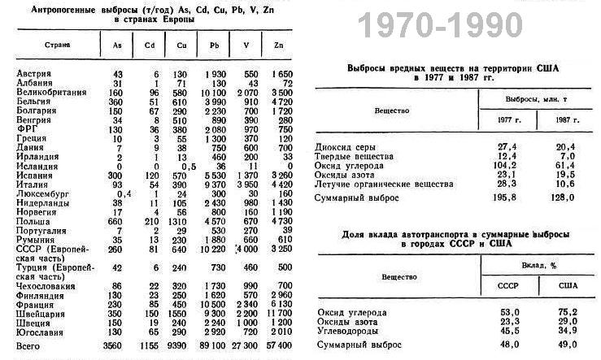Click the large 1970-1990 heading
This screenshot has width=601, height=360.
(442, 27)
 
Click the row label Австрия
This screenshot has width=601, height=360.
(34, 74)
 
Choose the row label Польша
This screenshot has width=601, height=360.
(32, 219)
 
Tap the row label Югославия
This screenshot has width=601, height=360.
(41, 332)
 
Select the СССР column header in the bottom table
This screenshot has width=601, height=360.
(507, 285)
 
